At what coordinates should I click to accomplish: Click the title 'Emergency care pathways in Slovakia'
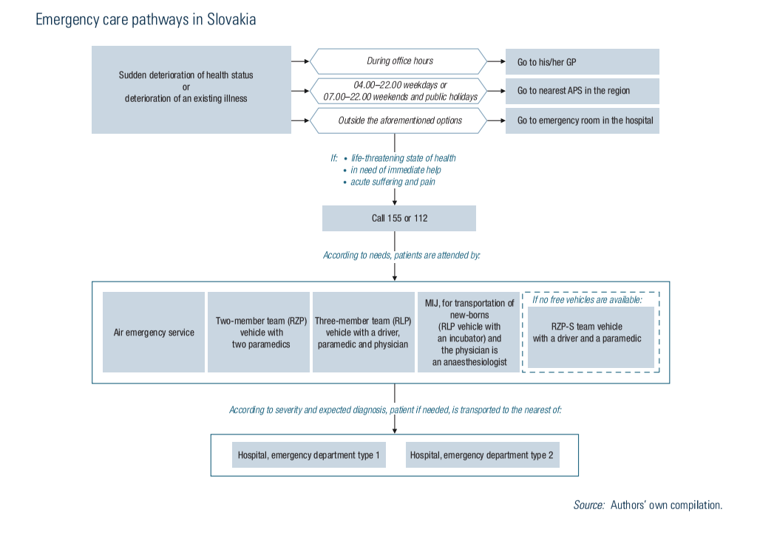(x=146, y=20)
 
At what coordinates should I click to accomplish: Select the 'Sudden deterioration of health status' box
(x=191, y=89)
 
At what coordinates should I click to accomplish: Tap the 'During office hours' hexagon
(x=399, y=61)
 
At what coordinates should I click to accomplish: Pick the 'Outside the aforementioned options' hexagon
(x=399, y=120)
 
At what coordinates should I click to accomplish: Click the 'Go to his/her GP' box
(x=582, y=62)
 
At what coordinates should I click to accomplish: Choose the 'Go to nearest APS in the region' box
(x=582, y=91)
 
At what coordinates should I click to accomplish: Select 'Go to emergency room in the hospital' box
(x=582, y=120)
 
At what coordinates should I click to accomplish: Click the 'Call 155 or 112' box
(x=399, y=218)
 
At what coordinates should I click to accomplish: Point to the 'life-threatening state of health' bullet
(x=403, y=158)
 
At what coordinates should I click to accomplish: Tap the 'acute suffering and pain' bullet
(x=393, y=182)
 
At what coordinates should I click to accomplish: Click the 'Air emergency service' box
(x=154, y=333)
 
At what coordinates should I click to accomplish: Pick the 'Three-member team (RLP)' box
(x=363, y=333)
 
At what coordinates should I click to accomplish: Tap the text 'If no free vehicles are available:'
(x=588, y=300)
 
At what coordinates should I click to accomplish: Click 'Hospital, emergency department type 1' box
(x=308, y=455)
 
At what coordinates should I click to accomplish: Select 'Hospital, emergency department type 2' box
(x=482, y=455)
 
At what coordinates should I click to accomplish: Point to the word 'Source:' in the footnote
(x=588, y=505)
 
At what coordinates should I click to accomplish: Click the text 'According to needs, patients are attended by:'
(x=401, y=256)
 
